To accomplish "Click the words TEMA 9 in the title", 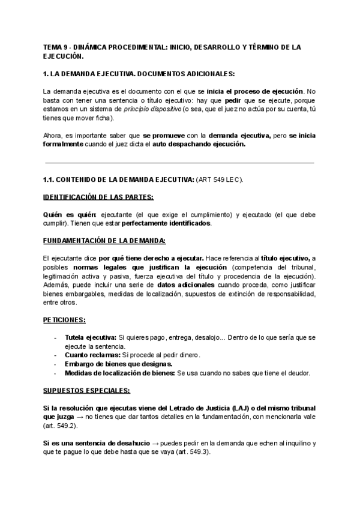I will click(56, 46).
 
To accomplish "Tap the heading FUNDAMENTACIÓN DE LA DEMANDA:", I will click(96, 241).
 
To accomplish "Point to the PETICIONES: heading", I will click(64, 320).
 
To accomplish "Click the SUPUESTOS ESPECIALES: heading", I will click(86, 390).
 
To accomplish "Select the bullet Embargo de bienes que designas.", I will click(119, 364).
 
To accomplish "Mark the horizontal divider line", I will click(179, 162).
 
